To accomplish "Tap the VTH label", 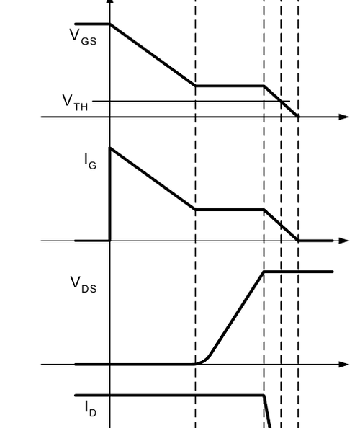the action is click(x=76, y=102).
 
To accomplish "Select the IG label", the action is click(x=91, y=161).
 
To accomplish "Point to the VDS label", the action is click(x=84, y=285).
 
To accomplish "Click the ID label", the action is click(x=91, y=409).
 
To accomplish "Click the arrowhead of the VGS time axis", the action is click(x=343, y=117).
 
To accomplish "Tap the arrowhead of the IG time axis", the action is click(x=343, y=241).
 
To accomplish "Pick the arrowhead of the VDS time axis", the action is click(x=343, y=365).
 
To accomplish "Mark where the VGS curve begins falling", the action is click(x=110, y=24).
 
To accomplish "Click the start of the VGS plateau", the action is click(x=196, y=86).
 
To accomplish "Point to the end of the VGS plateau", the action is click(x=264, y=86).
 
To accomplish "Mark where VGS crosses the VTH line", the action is click(x=282, y=102).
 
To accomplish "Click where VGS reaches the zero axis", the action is click(x=298, y=117).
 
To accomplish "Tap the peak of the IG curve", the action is click(x=110, y=148).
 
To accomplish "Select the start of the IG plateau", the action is click(x=196, y=210).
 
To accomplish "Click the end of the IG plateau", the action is click(x=264, y=210).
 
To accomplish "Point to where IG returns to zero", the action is click(x=298, y=241).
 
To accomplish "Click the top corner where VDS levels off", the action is click(x=264, y=272).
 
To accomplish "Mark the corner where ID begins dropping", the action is click(x=264, y=396).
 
